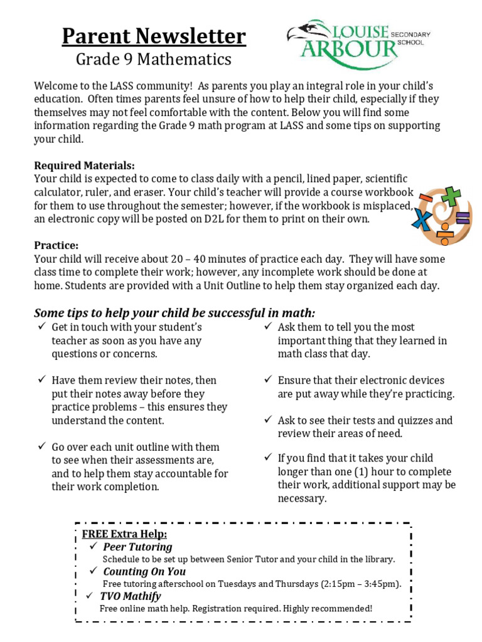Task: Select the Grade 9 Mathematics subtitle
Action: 154,60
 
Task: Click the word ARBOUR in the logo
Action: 348,48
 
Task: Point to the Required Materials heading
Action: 84,166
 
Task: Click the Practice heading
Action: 56,245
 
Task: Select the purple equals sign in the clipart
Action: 462,218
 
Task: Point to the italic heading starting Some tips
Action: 174,313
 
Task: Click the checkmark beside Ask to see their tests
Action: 267,420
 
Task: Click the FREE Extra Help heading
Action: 124,534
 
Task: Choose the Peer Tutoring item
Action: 137,547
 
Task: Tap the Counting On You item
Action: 144,571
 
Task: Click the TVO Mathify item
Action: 131,596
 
